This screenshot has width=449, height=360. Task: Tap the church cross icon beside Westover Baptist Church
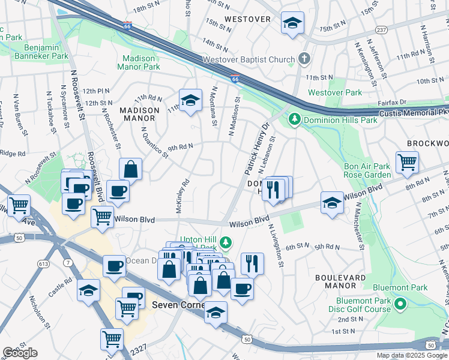click(304, 59)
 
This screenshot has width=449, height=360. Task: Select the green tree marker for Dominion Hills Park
click(294, 119)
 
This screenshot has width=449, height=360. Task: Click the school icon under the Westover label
click(292, 23)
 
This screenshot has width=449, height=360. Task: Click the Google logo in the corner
click(20, 353)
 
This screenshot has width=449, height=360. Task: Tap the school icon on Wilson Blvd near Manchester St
click(332, 202)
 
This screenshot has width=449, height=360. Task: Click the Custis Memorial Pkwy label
click(413, 112)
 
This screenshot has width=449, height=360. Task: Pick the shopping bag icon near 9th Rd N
click(130, 170)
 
